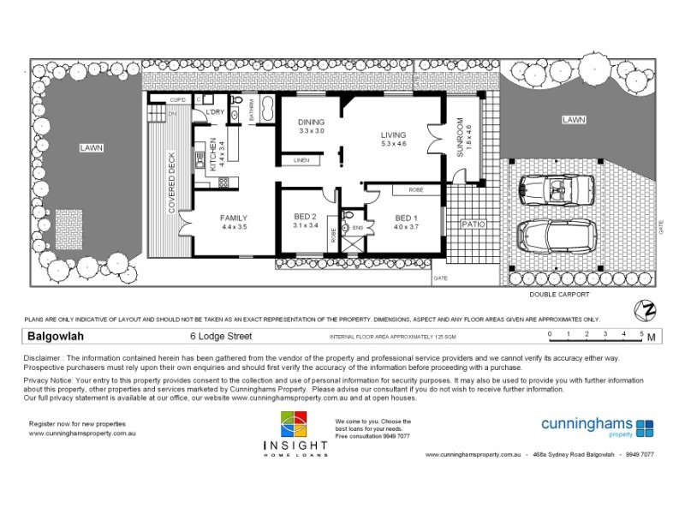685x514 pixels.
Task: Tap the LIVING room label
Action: [x=394, y=135]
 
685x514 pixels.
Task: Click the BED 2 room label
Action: [x=306, y=216]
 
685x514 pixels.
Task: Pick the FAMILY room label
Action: [x=234, y=218]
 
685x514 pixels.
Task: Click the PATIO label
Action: [x=474, y=224]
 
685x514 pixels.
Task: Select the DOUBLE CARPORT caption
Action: [x=559, y=295]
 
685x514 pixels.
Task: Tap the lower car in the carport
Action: [x=557, y=236]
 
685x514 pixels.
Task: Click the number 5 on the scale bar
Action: [x=641, y=332]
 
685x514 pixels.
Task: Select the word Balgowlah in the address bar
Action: [x=55, y=336]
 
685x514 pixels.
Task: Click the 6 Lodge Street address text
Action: [x=219, y=337]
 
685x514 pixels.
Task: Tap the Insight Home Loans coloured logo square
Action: [x=294, y=426]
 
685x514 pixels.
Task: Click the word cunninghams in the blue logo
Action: [x=587, y=423]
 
